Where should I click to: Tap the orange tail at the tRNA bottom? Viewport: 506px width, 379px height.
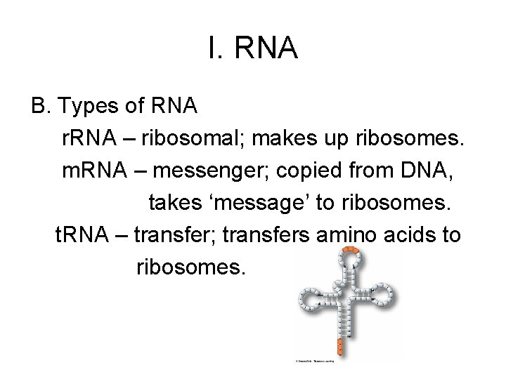(x=339, y=346)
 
